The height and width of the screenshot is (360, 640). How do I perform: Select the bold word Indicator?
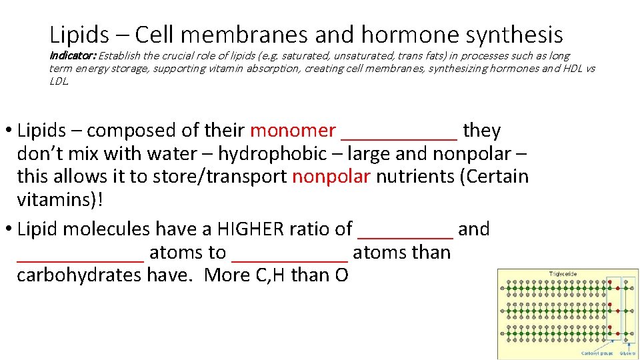tap(71, 56)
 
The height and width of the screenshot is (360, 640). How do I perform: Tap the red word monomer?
tap(293, 131)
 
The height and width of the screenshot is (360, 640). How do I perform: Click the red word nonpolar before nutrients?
tap(331, 177)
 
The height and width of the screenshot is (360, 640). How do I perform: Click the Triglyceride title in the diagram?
tap(564, 273)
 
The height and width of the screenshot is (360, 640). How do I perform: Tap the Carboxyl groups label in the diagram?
tap(597, 353)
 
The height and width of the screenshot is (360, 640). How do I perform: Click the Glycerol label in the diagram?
tap(627, 353)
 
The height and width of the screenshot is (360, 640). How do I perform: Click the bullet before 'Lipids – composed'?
tap(9, 131)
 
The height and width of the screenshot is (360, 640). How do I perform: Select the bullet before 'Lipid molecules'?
tap(9, 230)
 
